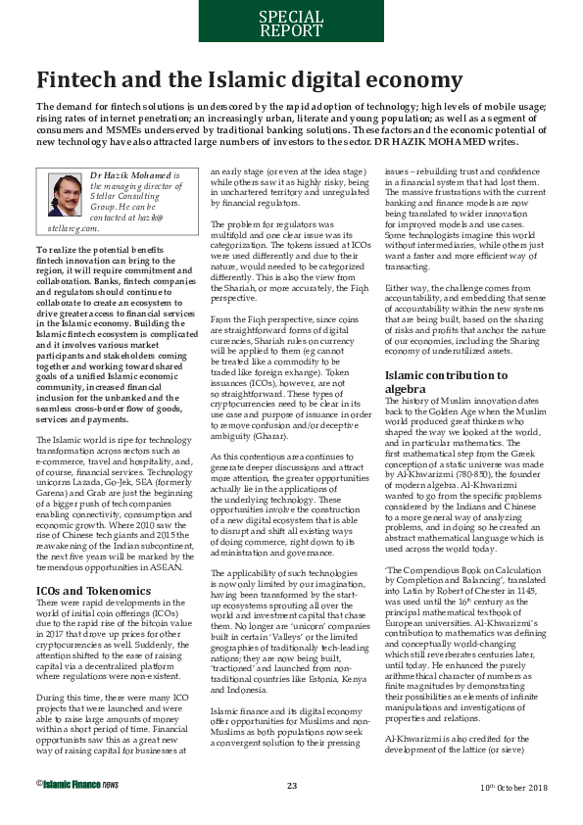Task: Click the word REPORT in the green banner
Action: [x=290, y=30]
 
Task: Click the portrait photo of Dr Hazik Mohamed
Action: [x=63, y=195]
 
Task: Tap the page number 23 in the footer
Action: [x=291, y=810]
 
